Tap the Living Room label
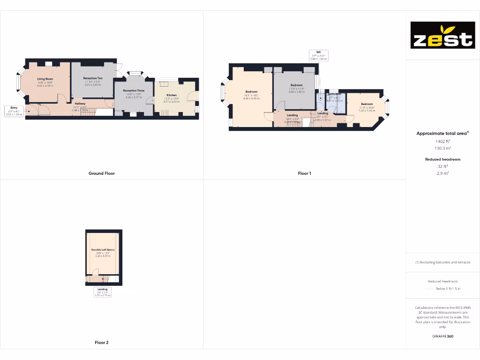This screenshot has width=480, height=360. [45, 79]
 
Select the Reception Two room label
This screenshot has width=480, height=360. [93, 78]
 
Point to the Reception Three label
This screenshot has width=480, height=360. [134, 90]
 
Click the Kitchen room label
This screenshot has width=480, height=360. [172, 95]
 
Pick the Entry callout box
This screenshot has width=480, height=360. [14, 111]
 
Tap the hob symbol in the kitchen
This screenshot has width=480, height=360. [165, 112]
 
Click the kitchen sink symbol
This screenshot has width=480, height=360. [165, 84]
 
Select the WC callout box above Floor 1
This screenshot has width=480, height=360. [318, 55]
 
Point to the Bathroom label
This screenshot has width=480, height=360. [334, 94]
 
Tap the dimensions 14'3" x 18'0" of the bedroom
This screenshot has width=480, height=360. [248, 95]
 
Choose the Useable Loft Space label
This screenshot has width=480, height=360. [103, 250]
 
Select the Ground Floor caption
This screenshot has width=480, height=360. [102, 173]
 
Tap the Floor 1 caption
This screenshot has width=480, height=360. [304, 173]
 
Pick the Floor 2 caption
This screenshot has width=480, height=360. [102, 343]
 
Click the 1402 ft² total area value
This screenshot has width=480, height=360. [442, 141]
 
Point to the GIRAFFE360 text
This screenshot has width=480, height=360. [442, 336]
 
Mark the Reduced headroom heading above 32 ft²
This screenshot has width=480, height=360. [442, 159]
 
